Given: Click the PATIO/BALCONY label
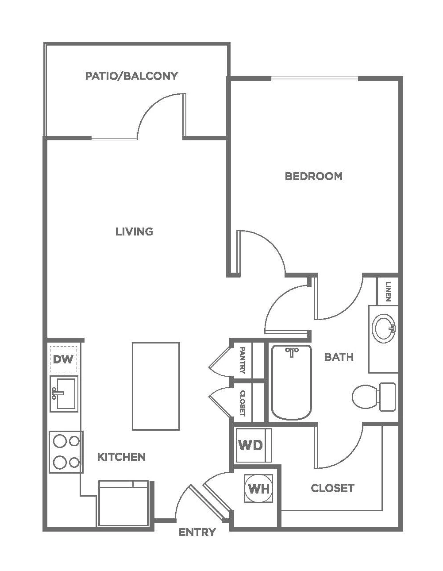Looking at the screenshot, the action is tap(131, 76).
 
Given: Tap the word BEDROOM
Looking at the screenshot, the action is tap(313, 176).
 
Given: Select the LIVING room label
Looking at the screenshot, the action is tap(134, 231).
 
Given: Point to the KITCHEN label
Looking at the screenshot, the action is tap(121, 457).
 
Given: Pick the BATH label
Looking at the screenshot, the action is tap(339, 357).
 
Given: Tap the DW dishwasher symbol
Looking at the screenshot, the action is tap(64, 359).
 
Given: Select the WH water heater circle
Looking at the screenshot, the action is tap(259, 489).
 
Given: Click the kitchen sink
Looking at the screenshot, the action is tap(64, 394).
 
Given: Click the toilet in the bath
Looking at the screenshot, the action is tap(374, 397).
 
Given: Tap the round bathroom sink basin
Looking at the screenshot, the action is tap(384, 328).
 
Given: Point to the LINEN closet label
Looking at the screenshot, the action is tap(388, 291).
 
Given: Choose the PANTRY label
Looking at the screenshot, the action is tap(243, 360).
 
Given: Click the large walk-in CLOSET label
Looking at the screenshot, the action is tap(332, 488).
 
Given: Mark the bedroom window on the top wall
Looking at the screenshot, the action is tap(314, 78).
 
